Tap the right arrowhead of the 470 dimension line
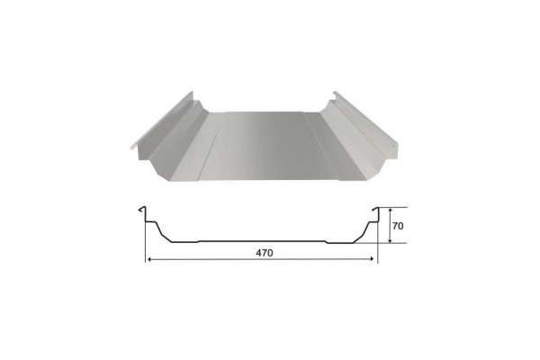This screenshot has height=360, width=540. pos(373,260)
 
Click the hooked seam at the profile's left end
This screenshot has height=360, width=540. pos(142,213)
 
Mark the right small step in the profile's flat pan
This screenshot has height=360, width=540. pos(325,241)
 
